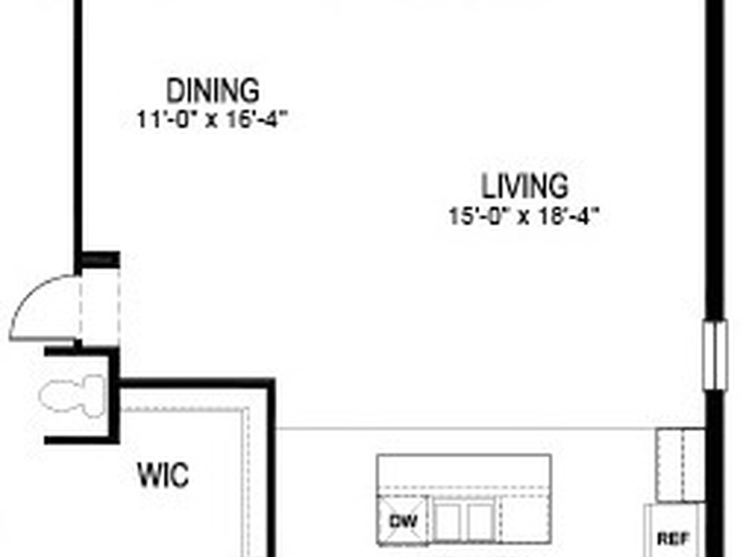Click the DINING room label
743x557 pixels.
213,91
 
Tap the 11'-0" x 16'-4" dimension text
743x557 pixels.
213,119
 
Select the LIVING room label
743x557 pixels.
525,186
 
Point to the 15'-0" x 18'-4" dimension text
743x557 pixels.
526,216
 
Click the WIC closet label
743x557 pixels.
163,476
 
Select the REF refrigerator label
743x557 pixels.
673,538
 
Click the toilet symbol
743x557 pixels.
73,395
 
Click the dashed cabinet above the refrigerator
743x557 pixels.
681,464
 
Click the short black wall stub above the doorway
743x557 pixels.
99,259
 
